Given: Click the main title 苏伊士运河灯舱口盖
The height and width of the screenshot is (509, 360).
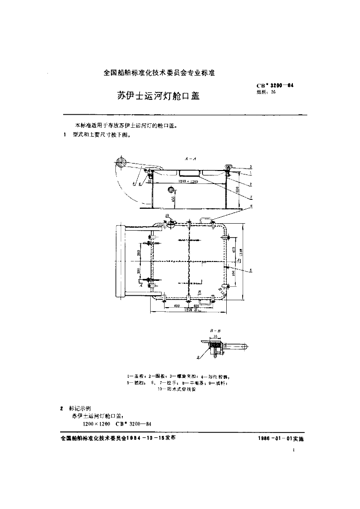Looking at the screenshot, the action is (158, 95).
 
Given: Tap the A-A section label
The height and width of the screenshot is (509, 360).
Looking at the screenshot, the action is (191, 159).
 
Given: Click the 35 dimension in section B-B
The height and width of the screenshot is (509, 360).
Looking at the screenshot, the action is (216, 337).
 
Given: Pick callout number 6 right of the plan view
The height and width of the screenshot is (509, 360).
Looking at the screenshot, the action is (251, 270).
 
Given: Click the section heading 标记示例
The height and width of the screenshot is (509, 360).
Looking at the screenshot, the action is (80, 408).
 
